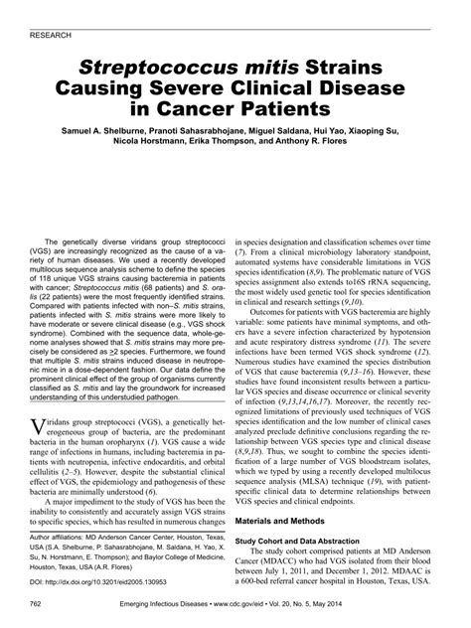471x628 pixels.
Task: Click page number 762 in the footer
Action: click(38, 604)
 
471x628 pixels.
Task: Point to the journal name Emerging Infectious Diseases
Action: click(177, 604)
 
